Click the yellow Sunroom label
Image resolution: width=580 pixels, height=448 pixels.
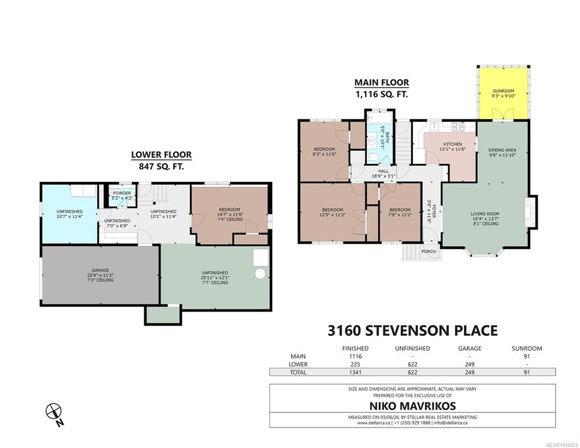click(503, 91)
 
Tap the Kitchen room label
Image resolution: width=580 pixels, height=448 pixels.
click(453, 144)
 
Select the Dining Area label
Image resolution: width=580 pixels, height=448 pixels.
click(502, 150)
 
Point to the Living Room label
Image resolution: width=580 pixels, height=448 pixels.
click(485, 213)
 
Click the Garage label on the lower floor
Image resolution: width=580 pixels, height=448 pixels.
click(100, 270)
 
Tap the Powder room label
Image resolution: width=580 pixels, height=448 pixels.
click(121, 193)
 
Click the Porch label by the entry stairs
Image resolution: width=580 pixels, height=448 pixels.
click(429, 251)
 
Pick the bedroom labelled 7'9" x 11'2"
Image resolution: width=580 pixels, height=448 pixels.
click(400, 212)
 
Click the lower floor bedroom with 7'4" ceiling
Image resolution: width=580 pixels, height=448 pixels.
click(230, 214)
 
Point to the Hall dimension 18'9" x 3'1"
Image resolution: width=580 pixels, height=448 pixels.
click(383, 176)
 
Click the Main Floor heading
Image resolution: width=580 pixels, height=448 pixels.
click(382, 82)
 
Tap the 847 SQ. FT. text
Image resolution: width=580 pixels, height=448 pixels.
click(161, 167)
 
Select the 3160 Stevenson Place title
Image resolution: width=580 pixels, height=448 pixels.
click(412, 330)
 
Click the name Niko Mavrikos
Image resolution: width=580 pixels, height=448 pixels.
click(412, 406)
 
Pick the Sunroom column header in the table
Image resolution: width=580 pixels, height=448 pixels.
click(527, 348)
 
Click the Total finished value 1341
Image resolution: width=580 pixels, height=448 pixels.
click(355, 372)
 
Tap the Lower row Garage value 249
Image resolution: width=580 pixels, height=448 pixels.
click(470, 364)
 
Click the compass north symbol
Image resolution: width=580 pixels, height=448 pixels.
click(54, 411)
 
